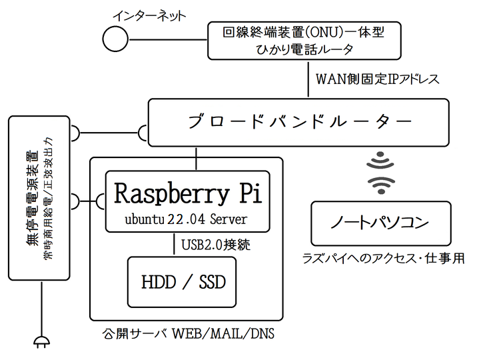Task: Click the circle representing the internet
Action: pos(115,39)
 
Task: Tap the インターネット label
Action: pos(149,16)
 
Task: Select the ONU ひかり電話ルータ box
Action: pos(304,41)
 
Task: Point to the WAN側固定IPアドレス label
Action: pos(378,79)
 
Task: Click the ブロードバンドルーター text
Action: pos(300,122)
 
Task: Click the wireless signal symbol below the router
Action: pos(381,173)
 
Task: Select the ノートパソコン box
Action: pos(381,223)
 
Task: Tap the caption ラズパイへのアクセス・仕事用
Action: pos(383,259)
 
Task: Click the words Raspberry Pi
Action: pos(188,193)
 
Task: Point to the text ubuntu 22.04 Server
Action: pos(186,219)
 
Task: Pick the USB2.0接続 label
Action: pos(216,245)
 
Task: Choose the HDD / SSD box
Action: pos(182,282)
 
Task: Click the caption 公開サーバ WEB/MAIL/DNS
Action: pos(188,334)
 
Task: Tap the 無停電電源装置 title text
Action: pos(32,198)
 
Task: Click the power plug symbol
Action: pos(41,342)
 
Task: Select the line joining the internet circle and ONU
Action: pos(168,39)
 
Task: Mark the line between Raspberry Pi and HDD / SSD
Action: pos(174,243)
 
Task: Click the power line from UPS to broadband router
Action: pos(109,133)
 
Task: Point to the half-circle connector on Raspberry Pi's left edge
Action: pos(101,201)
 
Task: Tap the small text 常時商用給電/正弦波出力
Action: pos(49,198)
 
